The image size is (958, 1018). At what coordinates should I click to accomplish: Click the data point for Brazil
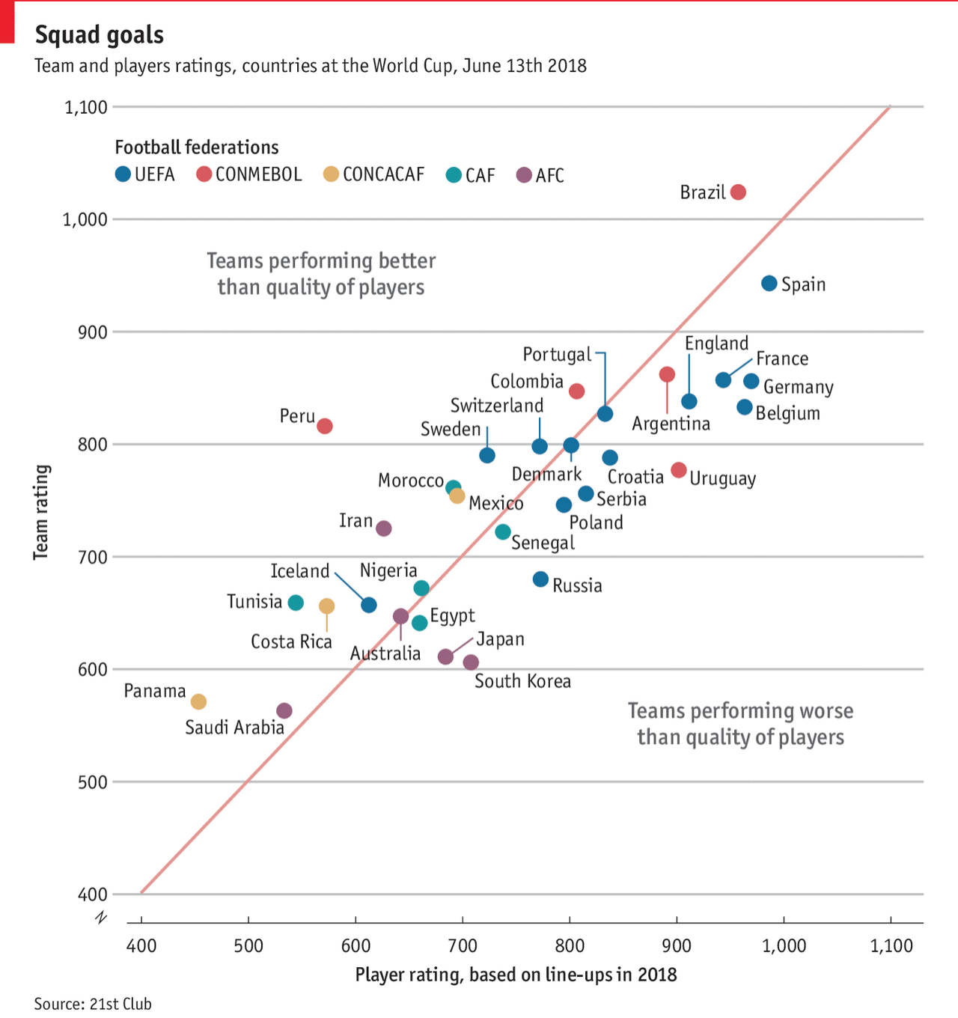738,192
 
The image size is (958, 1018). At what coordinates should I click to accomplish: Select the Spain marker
769,283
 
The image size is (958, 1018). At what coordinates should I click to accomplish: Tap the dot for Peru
325,426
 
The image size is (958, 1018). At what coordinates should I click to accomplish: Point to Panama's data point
198,701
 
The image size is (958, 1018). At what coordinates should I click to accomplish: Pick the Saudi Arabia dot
284,710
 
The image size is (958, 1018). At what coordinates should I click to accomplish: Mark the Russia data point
540,579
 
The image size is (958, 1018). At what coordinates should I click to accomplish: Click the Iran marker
384,528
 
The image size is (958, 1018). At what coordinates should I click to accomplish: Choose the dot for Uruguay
679,470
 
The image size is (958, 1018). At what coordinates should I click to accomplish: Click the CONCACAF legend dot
331,175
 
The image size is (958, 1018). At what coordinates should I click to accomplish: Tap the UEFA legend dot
123,175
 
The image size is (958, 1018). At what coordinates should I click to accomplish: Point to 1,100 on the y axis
86,107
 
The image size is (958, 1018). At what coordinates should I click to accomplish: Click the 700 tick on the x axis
463,945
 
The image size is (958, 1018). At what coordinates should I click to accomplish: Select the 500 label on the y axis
93,782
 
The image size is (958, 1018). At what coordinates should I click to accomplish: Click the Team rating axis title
41,512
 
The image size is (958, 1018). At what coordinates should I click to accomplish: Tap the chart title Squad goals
100,34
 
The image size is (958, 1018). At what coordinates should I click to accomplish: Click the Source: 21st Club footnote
93,1003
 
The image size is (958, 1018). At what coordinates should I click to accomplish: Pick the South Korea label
522,681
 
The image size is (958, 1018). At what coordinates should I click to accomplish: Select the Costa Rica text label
291,641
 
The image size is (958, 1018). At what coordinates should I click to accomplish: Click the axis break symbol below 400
102,918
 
